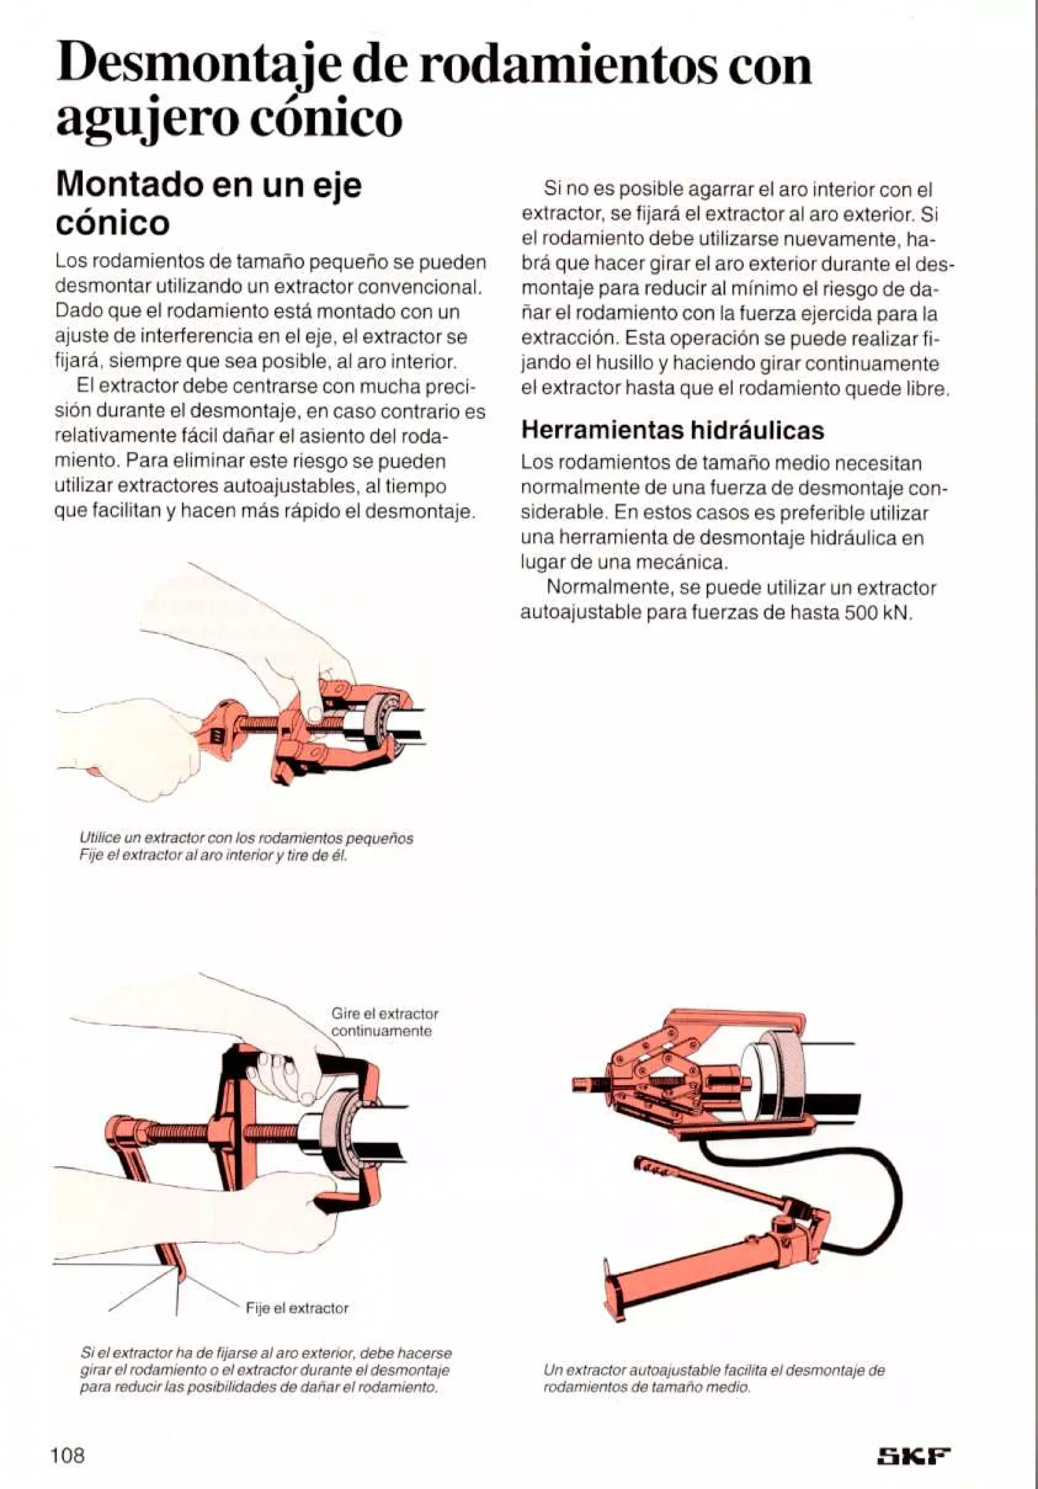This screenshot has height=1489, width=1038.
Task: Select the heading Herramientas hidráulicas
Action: click(673, 430)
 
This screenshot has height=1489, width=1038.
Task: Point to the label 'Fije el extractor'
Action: click(297, 1308)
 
